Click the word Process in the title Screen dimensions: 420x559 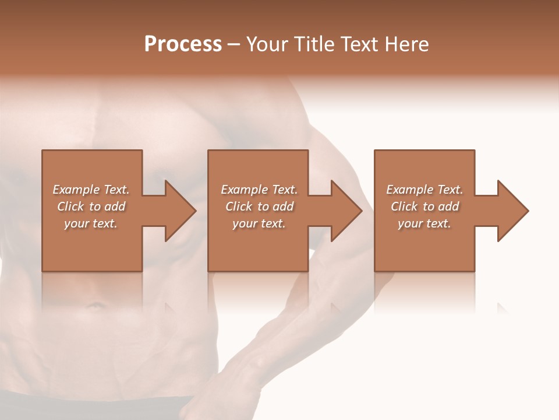click(183, 44)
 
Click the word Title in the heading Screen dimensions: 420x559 click(314, 44)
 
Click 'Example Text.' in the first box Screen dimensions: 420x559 click(91, 190)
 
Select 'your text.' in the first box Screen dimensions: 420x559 click(91, 223)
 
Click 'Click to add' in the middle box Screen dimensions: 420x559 click(259, 206)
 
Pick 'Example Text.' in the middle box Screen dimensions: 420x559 click(259, 190)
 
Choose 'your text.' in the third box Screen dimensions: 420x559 click(424, 223)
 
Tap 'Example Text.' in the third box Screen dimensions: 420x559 click(424, 190)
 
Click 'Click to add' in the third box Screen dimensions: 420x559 click(424, 206)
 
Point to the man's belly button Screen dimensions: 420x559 click(93, 305)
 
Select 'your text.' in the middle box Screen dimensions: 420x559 click(259, 223)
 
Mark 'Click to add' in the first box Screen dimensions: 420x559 click(91, 206)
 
